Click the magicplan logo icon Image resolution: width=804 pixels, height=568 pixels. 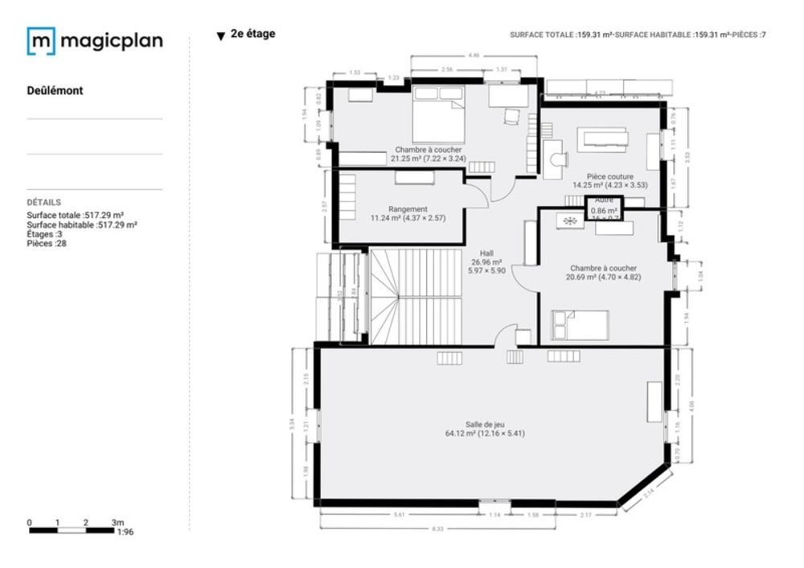[x=41, y=41]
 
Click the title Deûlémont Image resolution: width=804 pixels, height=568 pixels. [x=55, y=91]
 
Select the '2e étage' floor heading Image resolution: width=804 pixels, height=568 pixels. [x=252, y=35]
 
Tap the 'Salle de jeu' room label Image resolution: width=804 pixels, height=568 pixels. [x=485, y=425]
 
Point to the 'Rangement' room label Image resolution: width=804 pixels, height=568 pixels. [x=408, y=209]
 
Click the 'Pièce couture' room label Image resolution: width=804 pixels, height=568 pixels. [x=609, y=176]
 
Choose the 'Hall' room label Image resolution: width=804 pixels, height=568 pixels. [x=486, y=253]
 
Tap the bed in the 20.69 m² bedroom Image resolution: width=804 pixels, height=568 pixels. [x=580, y=326]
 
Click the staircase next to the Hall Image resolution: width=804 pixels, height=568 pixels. [x=416, y=296]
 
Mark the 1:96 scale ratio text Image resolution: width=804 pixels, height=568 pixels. [x=125, y=533]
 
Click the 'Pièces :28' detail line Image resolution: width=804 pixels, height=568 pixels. [x=47, y=243]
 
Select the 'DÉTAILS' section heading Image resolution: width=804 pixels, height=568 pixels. [x=43, y=203]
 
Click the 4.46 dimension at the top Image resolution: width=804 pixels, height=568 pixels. [x=474, y=56]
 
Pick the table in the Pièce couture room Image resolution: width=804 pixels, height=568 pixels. [x=605, y=140]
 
